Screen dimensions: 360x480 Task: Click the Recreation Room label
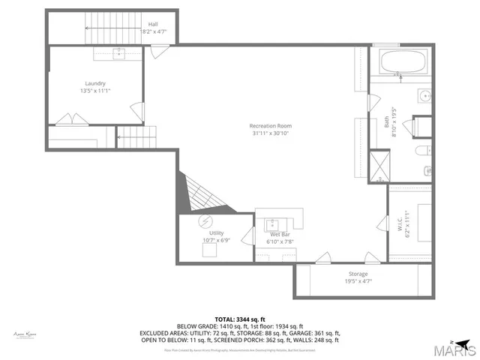pyautogui.click(x=271, y=125)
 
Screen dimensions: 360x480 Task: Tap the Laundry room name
pyautogui.click(x=94, y=83)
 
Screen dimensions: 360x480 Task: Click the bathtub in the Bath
pyautogui.click(x=403, y=61)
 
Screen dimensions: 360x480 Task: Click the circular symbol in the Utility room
pyautogui.click(x=205, y=221)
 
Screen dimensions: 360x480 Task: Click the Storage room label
pyautogui.click(x=358, y=274)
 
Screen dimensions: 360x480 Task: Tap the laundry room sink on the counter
pyautogui.click(x=118, y=53)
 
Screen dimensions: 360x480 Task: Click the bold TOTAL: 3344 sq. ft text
pyautogui.click(x=239, y=319)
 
